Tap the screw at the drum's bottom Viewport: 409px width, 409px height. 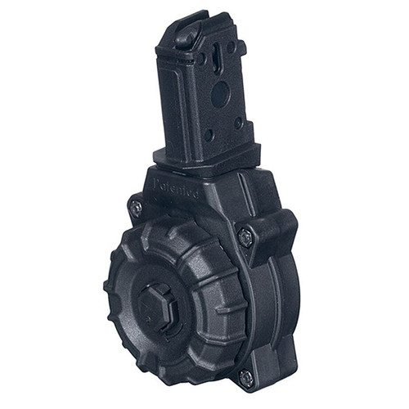click(245, 377)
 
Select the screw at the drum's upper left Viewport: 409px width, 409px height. click(136, 208)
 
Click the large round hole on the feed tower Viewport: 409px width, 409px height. click(220, 95)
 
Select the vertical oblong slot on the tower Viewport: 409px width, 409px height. click(215, 58)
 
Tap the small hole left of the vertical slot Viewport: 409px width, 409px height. click(200, 60)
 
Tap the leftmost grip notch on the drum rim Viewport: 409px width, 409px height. click(108, 286)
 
